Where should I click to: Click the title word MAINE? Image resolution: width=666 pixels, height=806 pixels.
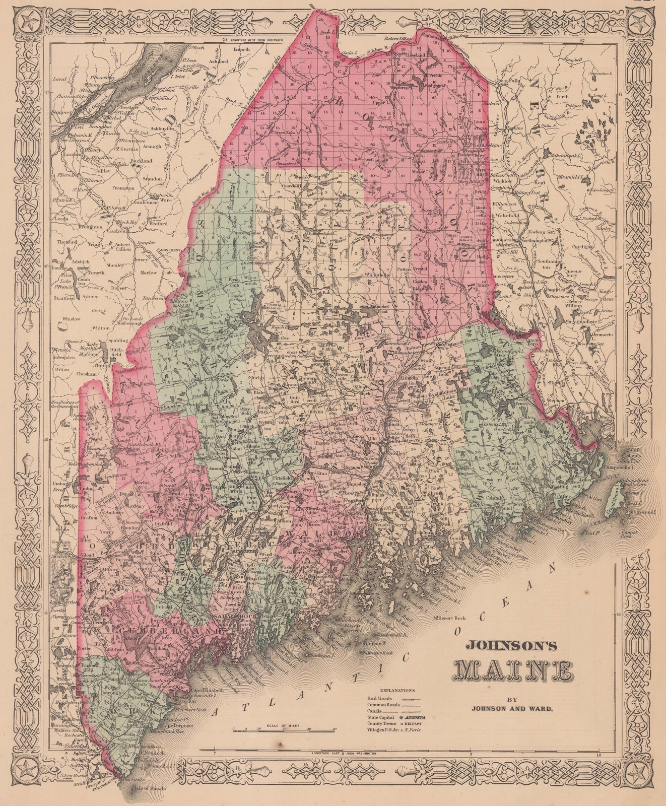(x=514, y=670)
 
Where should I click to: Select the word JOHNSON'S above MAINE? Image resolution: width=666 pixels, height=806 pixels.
(x=513, y=644)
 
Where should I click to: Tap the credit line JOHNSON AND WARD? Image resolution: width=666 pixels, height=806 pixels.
(x=512, y=707)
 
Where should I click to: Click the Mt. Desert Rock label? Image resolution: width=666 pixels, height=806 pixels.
(x=451, y=618)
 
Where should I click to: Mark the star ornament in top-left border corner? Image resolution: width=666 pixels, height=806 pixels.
(x=27, y=22)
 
